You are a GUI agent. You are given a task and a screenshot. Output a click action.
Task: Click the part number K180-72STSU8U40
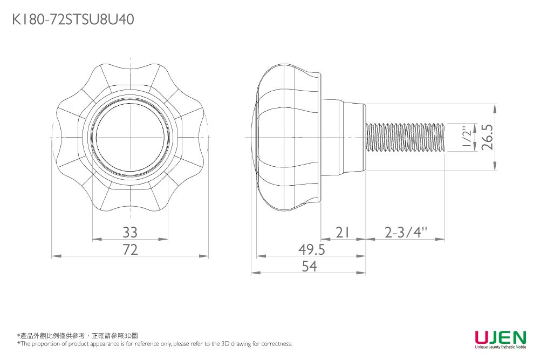coord(72,20)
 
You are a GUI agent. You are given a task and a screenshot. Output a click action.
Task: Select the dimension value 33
coord(130,233)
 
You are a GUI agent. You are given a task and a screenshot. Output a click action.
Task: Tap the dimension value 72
coord(130,249)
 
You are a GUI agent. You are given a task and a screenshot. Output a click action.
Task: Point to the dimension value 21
coord(343,233)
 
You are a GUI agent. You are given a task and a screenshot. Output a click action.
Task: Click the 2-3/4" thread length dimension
coord(406,233)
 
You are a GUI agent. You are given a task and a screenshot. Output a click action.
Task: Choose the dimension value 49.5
coord(312,249)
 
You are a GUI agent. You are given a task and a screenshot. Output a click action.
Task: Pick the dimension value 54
coord(309,267)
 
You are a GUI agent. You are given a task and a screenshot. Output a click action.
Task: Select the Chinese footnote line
coord(78,336)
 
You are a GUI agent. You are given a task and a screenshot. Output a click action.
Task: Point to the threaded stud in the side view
coord(405,137)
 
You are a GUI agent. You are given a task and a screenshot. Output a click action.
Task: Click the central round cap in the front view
coord(130,137)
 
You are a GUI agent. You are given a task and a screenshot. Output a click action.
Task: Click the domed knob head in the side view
coord(286,137)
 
